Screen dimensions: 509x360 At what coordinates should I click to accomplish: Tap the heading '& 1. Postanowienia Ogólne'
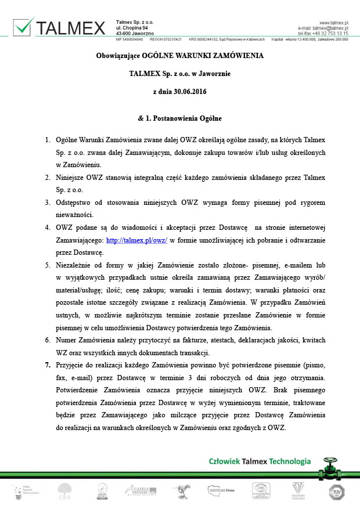[179, 118]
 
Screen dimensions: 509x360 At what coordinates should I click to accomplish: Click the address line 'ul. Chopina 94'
[132, 27]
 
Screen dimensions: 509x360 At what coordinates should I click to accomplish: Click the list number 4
[48, 229]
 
